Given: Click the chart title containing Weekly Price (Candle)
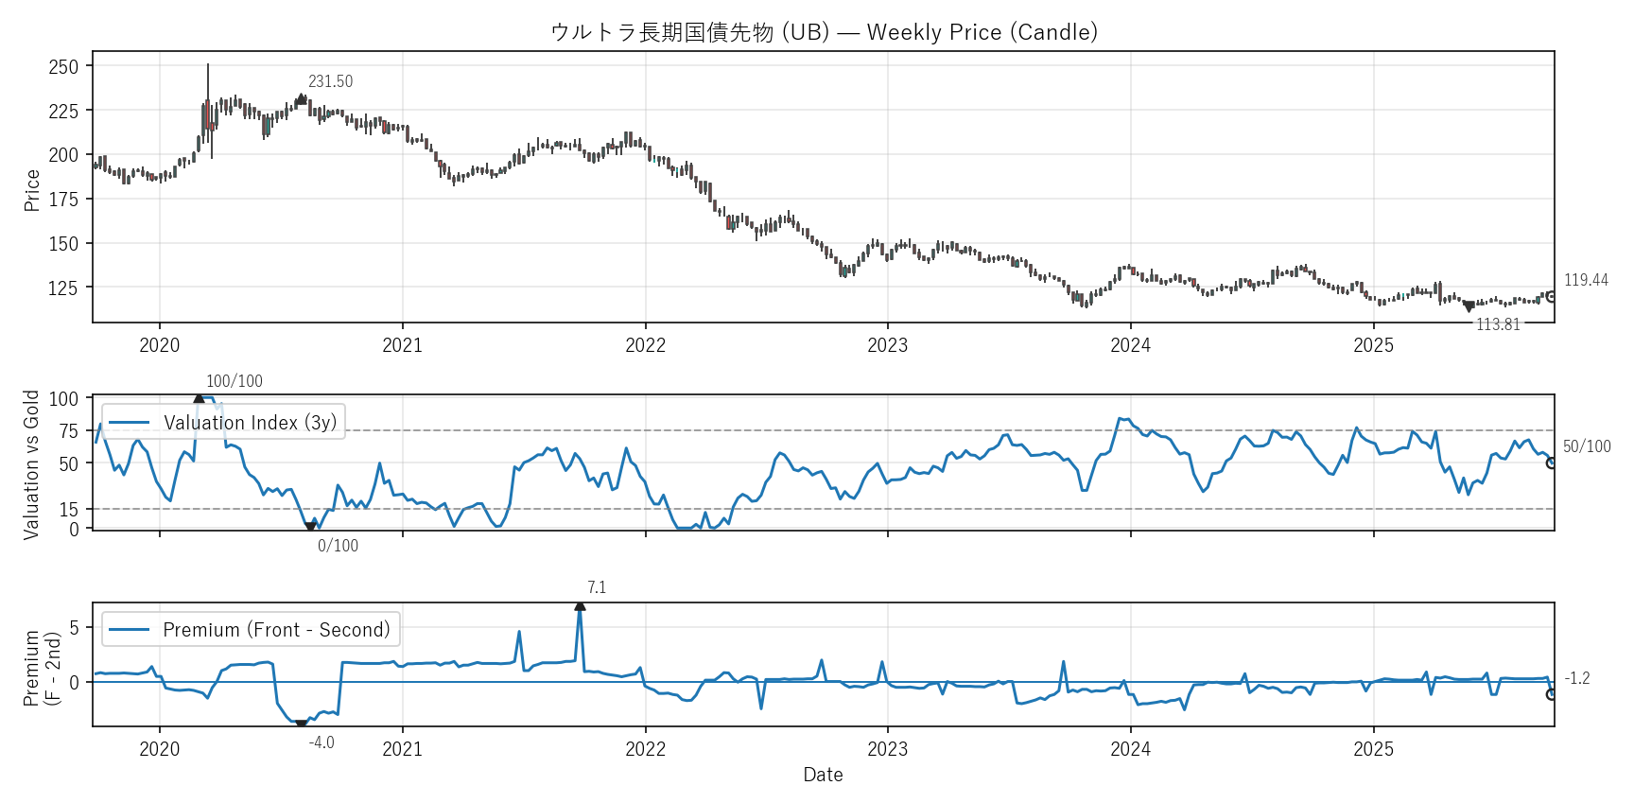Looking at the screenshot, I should [824, 32].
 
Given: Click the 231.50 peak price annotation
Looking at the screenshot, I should [330, 82].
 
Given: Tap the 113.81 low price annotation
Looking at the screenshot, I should [1498, 324].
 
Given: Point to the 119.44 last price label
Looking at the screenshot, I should [1586, 280].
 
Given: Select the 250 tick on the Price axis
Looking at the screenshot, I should [63, 67].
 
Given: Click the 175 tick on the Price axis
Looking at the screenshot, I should [63, 200].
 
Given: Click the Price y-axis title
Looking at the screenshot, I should [32, 190].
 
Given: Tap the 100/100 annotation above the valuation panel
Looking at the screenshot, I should [235, 381].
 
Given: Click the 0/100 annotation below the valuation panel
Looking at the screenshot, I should [338, 546].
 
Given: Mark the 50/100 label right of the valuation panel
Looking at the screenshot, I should [1587, 446].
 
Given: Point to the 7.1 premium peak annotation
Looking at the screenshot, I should [597, 588].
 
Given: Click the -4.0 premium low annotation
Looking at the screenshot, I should [322, 742].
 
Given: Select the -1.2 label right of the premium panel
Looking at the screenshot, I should [1577, 678].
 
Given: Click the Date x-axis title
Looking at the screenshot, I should [823, 775].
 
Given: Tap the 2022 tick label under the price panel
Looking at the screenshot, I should [645, 345].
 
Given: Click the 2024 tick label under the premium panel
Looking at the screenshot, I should [1130, 749].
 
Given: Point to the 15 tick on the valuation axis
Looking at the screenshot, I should [69, 510].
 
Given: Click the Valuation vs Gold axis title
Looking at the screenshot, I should [32, 464].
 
